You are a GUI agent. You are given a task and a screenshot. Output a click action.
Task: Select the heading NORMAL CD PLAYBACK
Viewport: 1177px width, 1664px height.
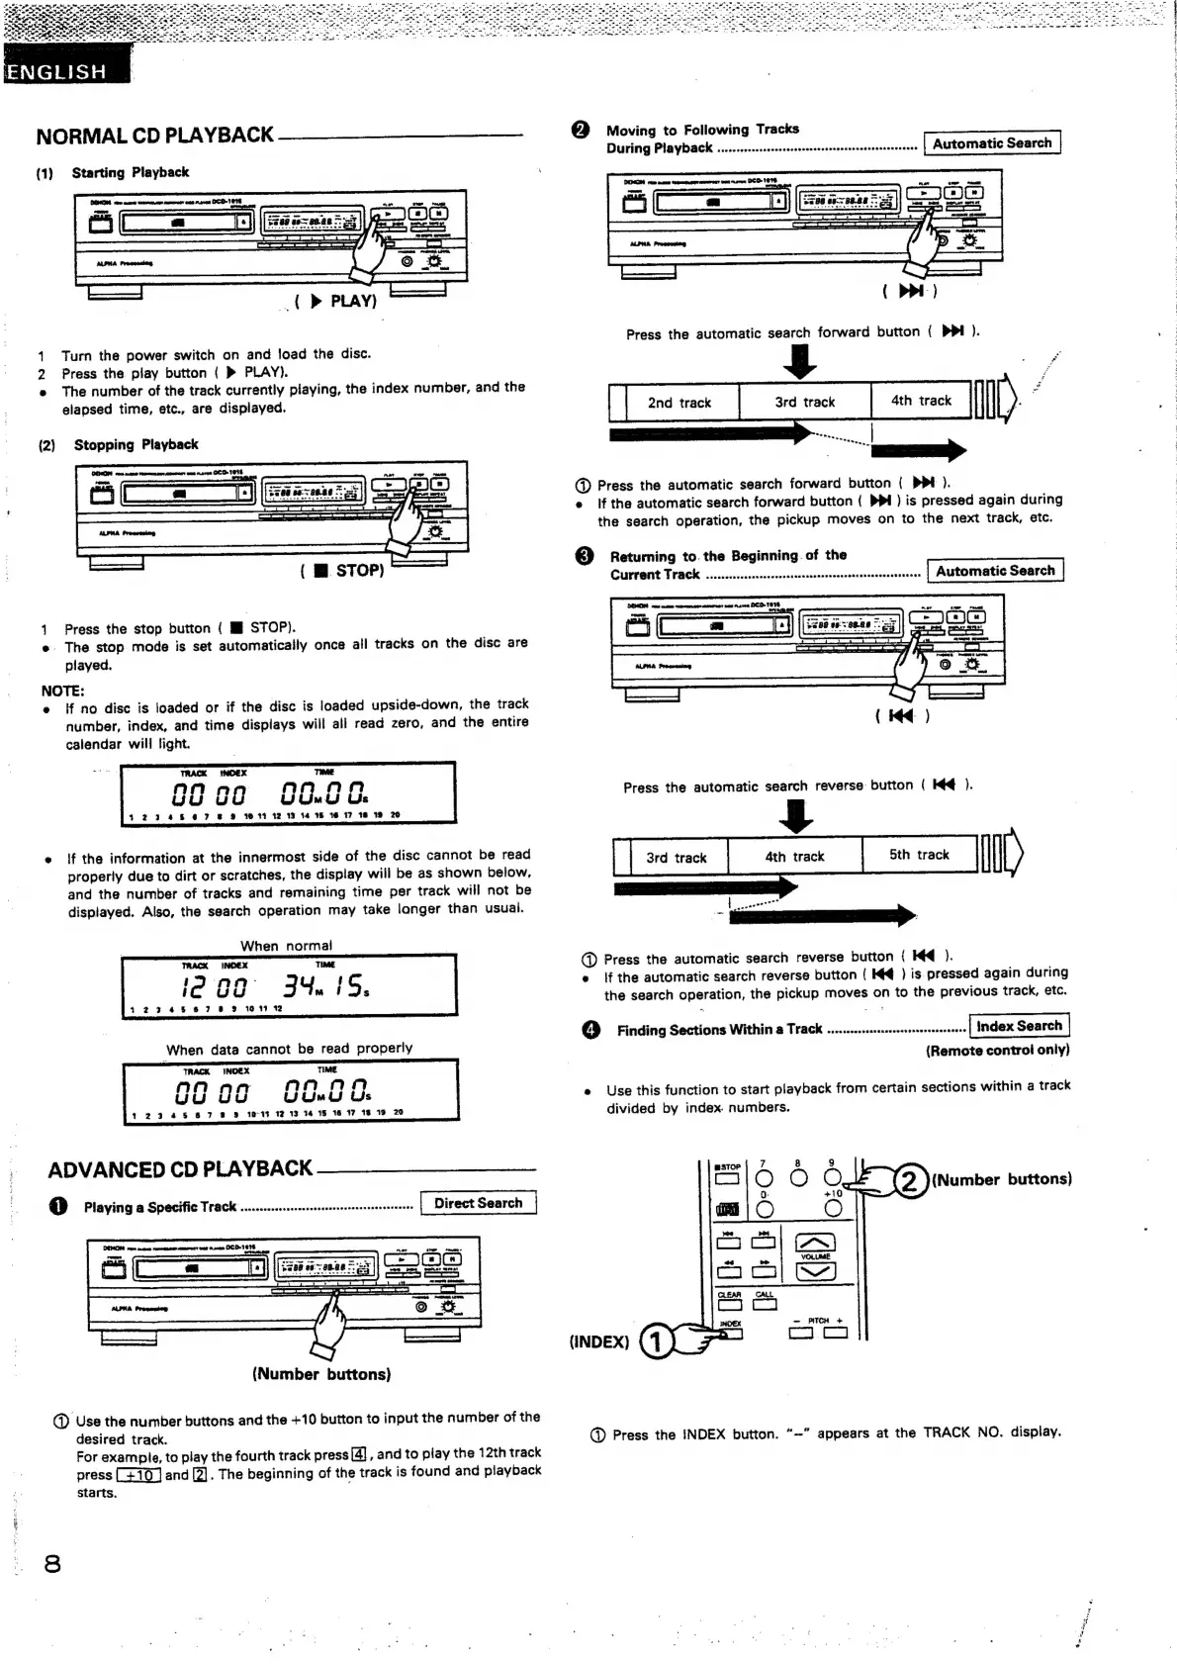155,136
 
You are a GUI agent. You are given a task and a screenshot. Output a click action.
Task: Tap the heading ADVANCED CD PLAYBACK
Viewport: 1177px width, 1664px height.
180,1169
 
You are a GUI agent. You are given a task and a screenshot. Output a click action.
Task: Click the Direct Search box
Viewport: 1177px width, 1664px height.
478,1203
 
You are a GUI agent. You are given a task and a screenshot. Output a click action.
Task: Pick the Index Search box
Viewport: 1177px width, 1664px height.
1019,1026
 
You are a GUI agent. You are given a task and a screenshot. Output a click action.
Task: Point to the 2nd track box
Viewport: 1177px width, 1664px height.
679,403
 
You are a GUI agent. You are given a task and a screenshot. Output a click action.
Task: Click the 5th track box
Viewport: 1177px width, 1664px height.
919,855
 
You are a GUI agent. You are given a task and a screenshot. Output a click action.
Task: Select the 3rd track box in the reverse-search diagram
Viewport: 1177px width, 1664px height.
677,858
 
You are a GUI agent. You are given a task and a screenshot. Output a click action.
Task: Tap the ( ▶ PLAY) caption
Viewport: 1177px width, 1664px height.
336,301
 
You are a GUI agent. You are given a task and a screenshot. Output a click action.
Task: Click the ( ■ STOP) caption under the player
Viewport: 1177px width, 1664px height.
342,571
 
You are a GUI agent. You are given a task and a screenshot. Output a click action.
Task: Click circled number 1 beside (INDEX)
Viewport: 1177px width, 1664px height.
657,1341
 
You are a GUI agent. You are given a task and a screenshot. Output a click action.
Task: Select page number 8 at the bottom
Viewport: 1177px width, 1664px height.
52,1563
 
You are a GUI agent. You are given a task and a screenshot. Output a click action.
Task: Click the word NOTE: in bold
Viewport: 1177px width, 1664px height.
63,691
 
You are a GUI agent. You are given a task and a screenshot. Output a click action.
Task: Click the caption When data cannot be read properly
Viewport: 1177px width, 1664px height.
289,1049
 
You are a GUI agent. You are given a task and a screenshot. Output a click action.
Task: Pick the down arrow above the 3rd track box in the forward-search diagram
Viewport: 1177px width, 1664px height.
799,361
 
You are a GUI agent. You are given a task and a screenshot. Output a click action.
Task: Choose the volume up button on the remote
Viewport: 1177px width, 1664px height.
815,1244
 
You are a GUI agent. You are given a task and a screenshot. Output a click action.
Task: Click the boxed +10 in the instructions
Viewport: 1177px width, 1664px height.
138,1475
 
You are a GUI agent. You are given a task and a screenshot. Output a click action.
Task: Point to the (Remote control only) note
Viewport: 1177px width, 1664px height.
997,1051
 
